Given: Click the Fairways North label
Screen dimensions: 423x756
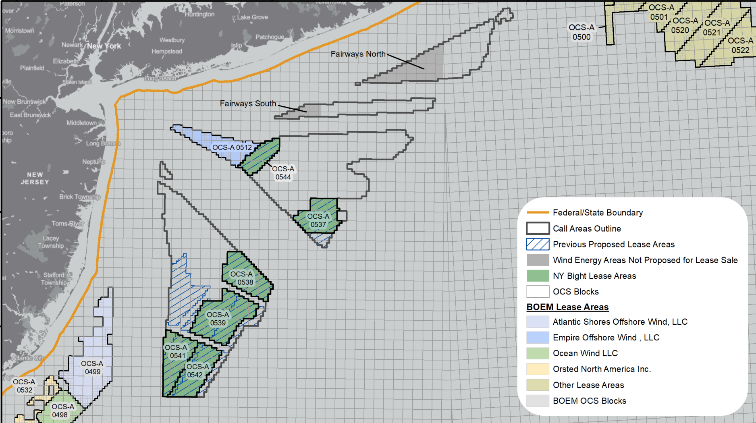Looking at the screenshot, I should point(358,54).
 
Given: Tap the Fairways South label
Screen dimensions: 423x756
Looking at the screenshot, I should point(248,104).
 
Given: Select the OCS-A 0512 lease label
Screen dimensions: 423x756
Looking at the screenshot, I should point(232,147).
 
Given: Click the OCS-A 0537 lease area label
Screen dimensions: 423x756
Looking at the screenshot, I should point(318,220).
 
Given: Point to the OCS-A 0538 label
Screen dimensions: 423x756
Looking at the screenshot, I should point(242,278).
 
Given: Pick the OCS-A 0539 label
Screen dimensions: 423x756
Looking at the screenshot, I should point(218,319).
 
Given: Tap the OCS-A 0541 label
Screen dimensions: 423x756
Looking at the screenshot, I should point(176,351).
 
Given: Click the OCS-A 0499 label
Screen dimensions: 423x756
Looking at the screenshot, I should point(92,367).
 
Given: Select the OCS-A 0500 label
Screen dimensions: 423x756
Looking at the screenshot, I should point(581,32).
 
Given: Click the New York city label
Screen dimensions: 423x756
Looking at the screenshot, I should point(104,46).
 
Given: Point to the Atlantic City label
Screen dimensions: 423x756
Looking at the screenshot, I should point(27,358).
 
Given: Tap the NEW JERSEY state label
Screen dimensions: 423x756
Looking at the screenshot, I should point(35,178).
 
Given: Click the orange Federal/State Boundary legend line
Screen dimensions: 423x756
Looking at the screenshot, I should point(538,212).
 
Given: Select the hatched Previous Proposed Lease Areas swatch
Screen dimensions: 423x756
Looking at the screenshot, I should point(538,244).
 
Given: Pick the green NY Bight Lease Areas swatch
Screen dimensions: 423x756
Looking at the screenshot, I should point(538,276).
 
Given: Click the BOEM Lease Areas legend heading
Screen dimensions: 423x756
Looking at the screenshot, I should point(567,307).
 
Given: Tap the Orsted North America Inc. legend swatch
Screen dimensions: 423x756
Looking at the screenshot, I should point(538,369).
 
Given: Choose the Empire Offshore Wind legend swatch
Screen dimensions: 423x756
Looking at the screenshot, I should point(538,338).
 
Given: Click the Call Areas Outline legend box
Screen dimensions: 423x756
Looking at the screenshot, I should point(538,228).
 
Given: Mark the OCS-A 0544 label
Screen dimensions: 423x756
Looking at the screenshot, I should point(283,173).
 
